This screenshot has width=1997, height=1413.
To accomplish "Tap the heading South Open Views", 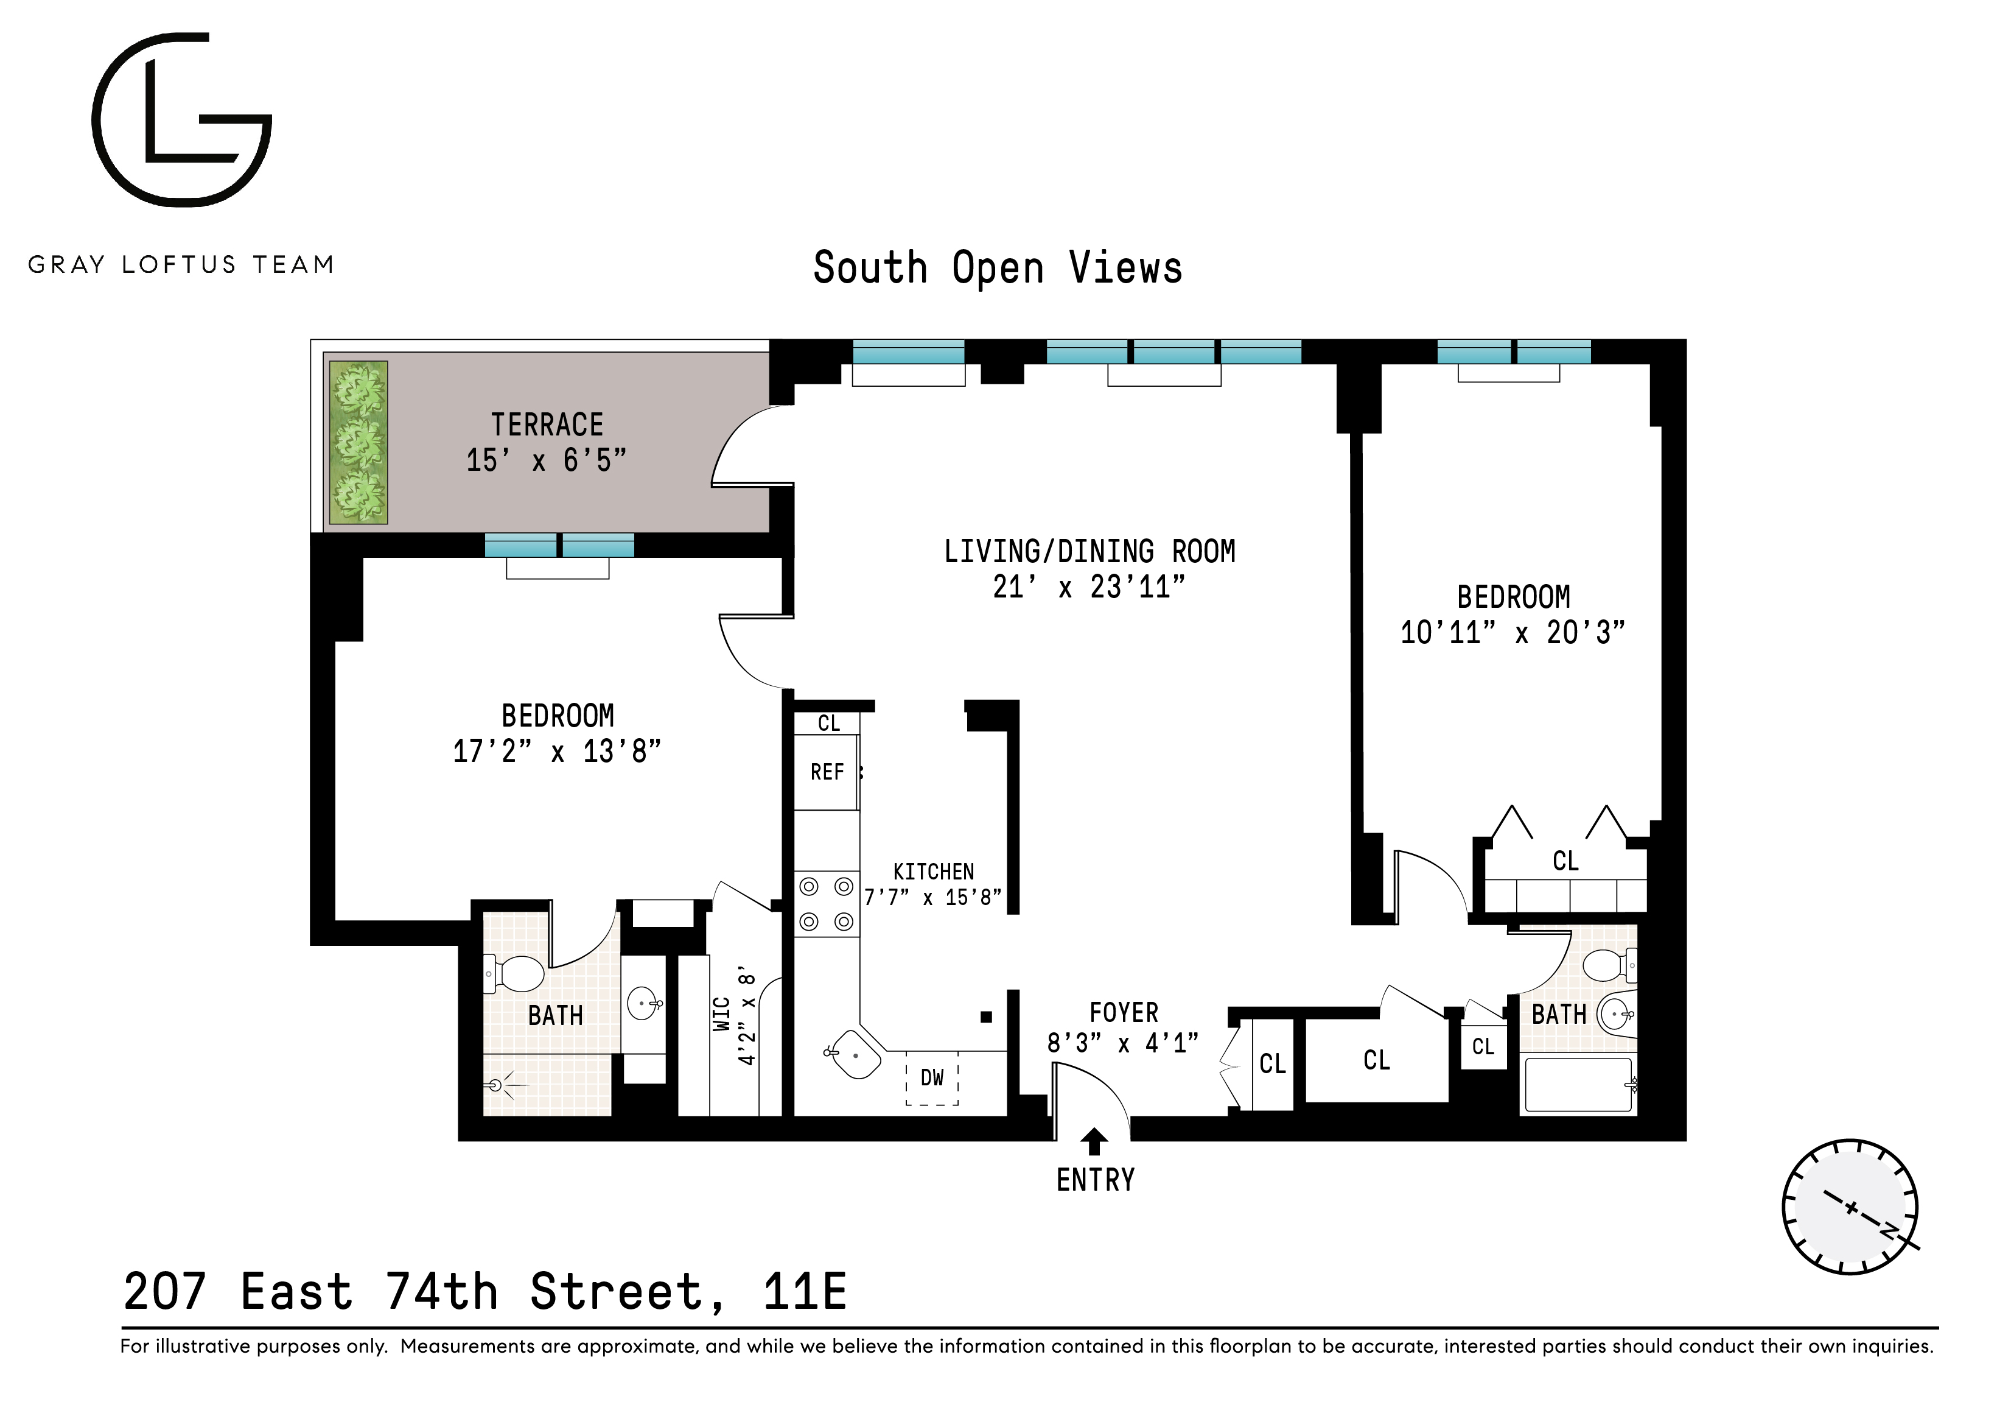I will [x=998, y=268].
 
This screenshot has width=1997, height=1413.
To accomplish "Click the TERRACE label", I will [x=547, y=425].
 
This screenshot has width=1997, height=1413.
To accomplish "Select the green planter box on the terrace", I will [x=358, y=443].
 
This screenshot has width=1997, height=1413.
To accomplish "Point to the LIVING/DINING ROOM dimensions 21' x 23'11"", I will [x=1089, y=587].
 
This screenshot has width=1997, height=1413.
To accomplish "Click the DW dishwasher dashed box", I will [x=931, y=1079].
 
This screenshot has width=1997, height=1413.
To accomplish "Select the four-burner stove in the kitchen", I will [x=827, y=904].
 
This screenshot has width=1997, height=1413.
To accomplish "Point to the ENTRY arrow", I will [x=1094, y=1141].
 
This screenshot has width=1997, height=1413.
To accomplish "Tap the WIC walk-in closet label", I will [x=722, y=1015].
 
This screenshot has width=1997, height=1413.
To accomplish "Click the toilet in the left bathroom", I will [x=519, y=974].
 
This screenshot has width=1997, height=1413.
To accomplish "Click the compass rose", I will [x=1850, y=1207].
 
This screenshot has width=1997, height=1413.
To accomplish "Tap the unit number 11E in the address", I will [x=805, y=1292].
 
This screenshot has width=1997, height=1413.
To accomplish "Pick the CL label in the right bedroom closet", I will [x=1565, y=861].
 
